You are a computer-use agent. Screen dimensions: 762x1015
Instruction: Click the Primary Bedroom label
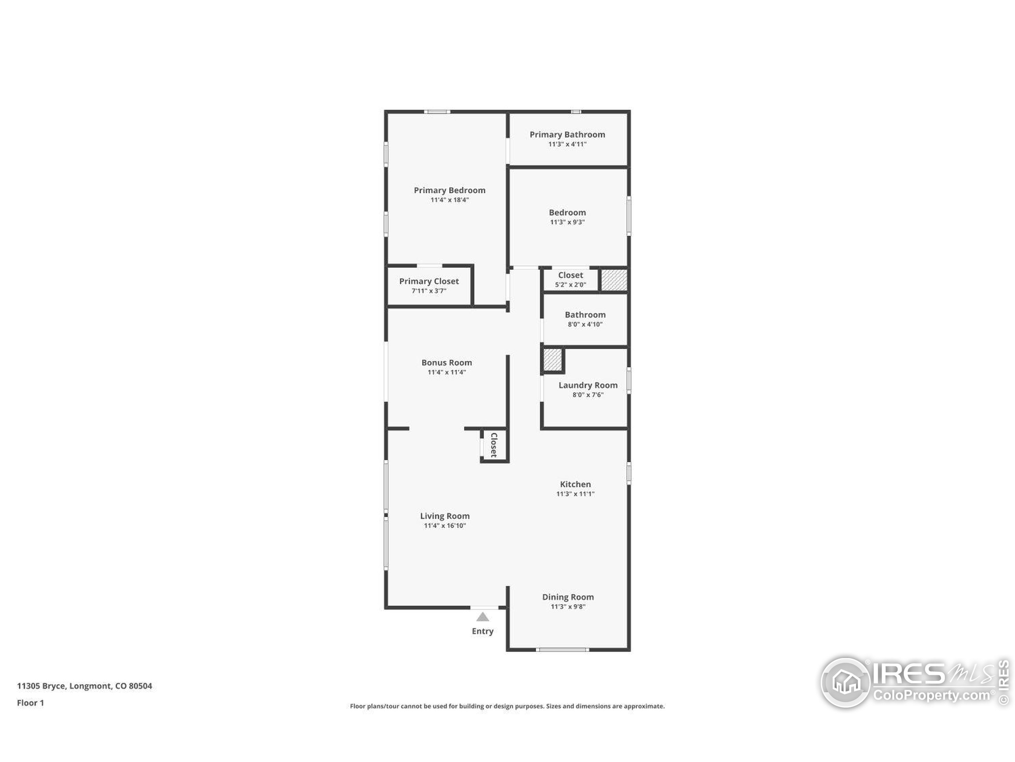coord(449,190)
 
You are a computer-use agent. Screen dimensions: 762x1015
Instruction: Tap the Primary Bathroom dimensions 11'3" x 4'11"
coord(567,144)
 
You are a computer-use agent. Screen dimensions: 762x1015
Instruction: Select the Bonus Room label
coord(446,362)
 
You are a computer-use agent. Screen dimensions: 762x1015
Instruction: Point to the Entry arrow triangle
coord(482,617)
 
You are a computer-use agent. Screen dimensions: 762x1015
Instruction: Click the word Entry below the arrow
coord(482,631)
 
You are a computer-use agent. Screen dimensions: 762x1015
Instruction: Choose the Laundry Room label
coord(588,385)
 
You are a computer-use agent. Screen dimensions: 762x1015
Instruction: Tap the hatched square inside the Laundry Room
coord(552,360)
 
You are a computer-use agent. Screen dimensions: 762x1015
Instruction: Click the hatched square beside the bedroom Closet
coord(614,280)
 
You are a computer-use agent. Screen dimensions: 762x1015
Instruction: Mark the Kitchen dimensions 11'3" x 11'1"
coord(575,494)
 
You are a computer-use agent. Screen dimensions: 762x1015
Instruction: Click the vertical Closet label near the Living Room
coord(494,444)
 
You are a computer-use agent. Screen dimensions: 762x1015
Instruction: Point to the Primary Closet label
coord(429,281)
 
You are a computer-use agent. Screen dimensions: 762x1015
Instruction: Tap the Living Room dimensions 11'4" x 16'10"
coord(444,525)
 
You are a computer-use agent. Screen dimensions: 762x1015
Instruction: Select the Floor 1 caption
coord(30,703)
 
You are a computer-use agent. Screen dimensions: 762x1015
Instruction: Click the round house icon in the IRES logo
coord(845,683)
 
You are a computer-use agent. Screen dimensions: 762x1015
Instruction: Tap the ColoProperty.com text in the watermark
coord(931,695)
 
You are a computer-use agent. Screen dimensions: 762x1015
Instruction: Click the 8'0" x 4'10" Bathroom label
coord(585,324)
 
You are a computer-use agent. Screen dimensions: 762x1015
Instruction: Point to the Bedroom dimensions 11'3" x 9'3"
coord(567,222)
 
